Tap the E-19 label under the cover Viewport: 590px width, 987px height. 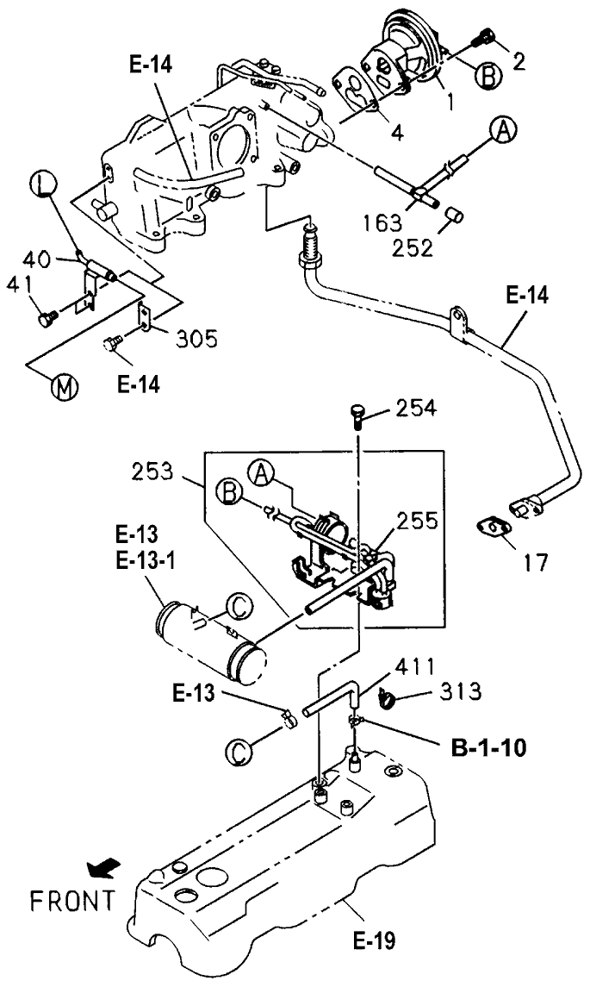click(377, 934)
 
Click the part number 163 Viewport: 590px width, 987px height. click(382, 222)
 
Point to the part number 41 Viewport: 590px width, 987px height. click(21, 284)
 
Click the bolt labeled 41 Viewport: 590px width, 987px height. click(47, 319)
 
